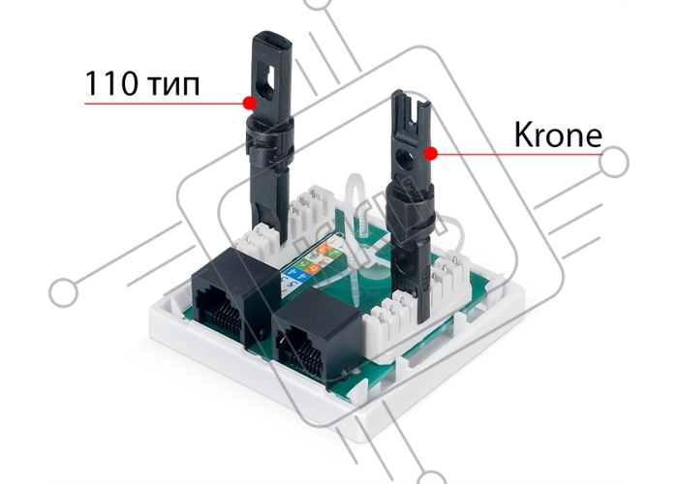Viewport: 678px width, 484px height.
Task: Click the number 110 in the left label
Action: pos(109,83)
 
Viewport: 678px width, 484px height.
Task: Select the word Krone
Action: pos(558,135)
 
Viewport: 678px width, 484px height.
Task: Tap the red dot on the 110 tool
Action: pos(250,103)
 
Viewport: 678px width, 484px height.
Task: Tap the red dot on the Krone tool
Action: pos(430,153)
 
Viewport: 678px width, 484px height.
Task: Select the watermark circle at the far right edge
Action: pos(614,162)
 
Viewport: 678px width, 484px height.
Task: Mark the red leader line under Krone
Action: pos(516,154)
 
